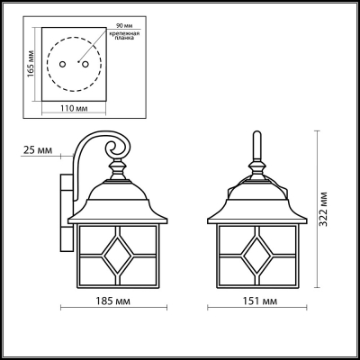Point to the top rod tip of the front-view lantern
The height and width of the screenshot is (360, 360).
click(255, 138)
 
